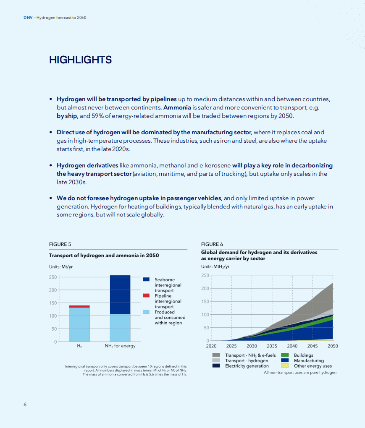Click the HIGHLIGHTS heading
point(80,60)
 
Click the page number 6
point(25,405)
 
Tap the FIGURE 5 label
point(60,244)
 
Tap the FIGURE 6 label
point(212,244)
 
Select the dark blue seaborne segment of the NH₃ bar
point(120,295)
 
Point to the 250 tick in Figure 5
point(53,277)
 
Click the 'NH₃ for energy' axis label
point(120,346)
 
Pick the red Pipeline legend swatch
point(146,295)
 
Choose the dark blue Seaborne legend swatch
point(146,279)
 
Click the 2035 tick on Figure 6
point(272,346)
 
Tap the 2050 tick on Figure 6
point(333,346)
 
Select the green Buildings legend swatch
point(284,355)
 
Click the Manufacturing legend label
point(309,360)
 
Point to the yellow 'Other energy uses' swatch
point(284,366)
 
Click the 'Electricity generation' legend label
point(247,366)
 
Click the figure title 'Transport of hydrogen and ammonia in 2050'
point(104,255)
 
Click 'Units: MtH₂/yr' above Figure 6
point(215,266)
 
